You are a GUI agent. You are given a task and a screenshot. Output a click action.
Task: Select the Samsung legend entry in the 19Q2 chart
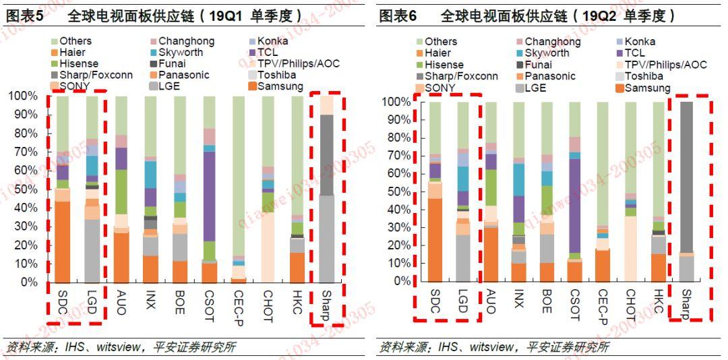pyautogui.click(x=647, y=88)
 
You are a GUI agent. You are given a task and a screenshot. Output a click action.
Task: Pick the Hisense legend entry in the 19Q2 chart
pyautogui.click(x=444, y=65)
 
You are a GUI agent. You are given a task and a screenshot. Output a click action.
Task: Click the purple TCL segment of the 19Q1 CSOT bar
pyautogui.click(x=210, y=196)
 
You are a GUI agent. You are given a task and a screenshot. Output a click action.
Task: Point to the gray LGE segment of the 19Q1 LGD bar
pyautogui.click(x=92, y=250)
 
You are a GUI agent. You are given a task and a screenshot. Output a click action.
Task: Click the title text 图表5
pyautogui.click(x=26, y=16)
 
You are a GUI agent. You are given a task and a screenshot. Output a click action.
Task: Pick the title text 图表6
pyautogui.click(x=398, y=16)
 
